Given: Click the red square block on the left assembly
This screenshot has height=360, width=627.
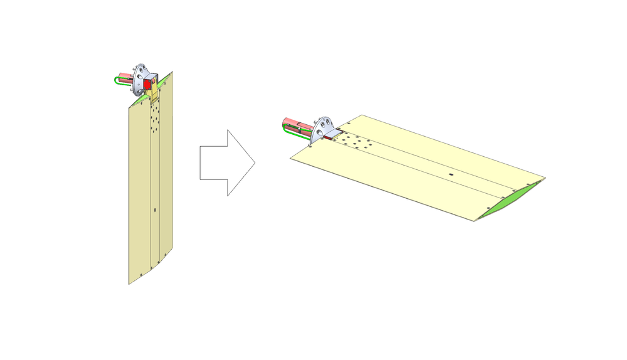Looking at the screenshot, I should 149,83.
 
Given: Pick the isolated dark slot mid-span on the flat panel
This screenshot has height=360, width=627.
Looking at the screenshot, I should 450,171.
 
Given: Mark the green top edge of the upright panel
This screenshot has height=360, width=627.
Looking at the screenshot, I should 164,78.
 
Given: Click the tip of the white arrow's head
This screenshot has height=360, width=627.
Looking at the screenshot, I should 255,162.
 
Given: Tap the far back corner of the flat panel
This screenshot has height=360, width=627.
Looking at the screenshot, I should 362,115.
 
